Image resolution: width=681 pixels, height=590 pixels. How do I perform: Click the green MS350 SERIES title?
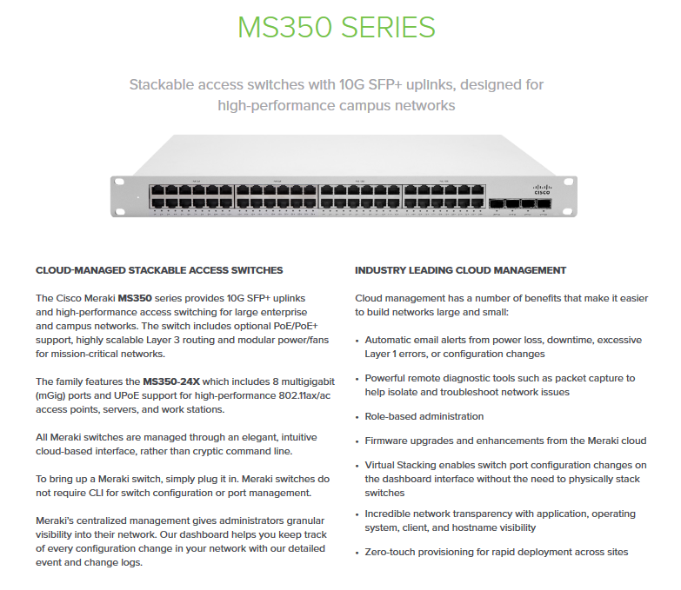coord(337,27)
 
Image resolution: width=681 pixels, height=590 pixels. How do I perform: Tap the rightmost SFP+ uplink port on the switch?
coord(544,205)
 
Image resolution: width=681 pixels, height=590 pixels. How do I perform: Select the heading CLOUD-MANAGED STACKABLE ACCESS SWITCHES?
coord(159,270)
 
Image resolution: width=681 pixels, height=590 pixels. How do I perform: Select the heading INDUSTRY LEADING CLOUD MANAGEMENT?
coord(460,270)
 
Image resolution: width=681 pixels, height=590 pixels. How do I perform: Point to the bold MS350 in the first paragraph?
coord(135,297)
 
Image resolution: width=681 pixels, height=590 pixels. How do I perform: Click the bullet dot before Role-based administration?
coord(358,417)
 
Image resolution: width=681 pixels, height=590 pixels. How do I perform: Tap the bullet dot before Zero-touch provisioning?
coord(358,553)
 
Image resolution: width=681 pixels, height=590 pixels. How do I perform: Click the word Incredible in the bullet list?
coord(391,514)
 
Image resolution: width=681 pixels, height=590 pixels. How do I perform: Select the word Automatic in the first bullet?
coord(391,340)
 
